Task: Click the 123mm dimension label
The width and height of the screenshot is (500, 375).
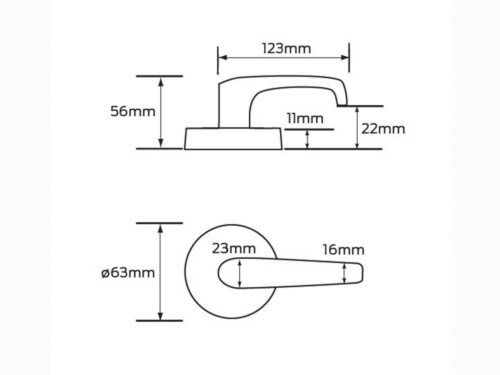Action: [286, 49]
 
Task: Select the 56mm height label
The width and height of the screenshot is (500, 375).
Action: [133, 111]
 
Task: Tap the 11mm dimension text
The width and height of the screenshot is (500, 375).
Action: [305, 118]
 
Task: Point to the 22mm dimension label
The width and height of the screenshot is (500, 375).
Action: [383, 129]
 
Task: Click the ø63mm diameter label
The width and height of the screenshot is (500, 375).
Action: [128, 272]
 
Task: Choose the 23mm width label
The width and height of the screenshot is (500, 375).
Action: [234, 249]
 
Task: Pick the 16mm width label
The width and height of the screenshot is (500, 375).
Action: [343, 250]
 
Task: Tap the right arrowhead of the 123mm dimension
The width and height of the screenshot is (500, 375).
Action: [345, 58]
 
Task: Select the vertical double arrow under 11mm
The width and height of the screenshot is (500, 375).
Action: [307, 139]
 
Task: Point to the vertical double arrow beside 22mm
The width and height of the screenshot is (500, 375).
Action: [357, 127]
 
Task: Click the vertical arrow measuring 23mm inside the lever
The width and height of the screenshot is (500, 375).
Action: [240, 274]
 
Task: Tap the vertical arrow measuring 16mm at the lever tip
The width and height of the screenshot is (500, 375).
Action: [344, 273]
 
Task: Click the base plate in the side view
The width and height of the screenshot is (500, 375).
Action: [233, 139]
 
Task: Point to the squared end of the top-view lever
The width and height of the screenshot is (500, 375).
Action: [360, 273]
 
